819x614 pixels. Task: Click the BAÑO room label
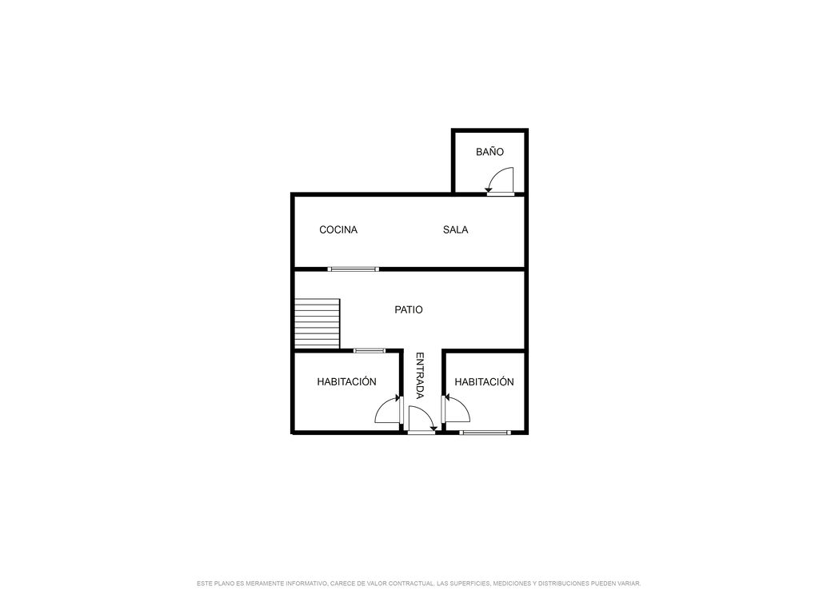pyautogui.click(x=489, y=152)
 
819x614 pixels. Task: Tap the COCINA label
pyautogui.click(x=338, y=229)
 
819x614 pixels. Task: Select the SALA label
pyautogui.click(x=455, y=229)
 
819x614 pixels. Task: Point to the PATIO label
pyautogui.click(x=409, y=309)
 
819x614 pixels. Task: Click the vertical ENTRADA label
pyautogui.click(x=419, y=376)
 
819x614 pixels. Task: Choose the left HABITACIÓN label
pyautogui.click(x=347, y=381)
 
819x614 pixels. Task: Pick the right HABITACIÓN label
pyautogui.click(x=484, y=381)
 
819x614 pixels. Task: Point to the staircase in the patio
pyautogui.click(x=318, y=323)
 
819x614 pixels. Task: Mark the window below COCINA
pyautogui.click(x=354, y=269)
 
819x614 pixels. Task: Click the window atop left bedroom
pyautogui.click(x=370, y=351)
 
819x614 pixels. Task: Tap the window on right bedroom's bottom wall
pyautogui.click(x=485, y=433)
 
